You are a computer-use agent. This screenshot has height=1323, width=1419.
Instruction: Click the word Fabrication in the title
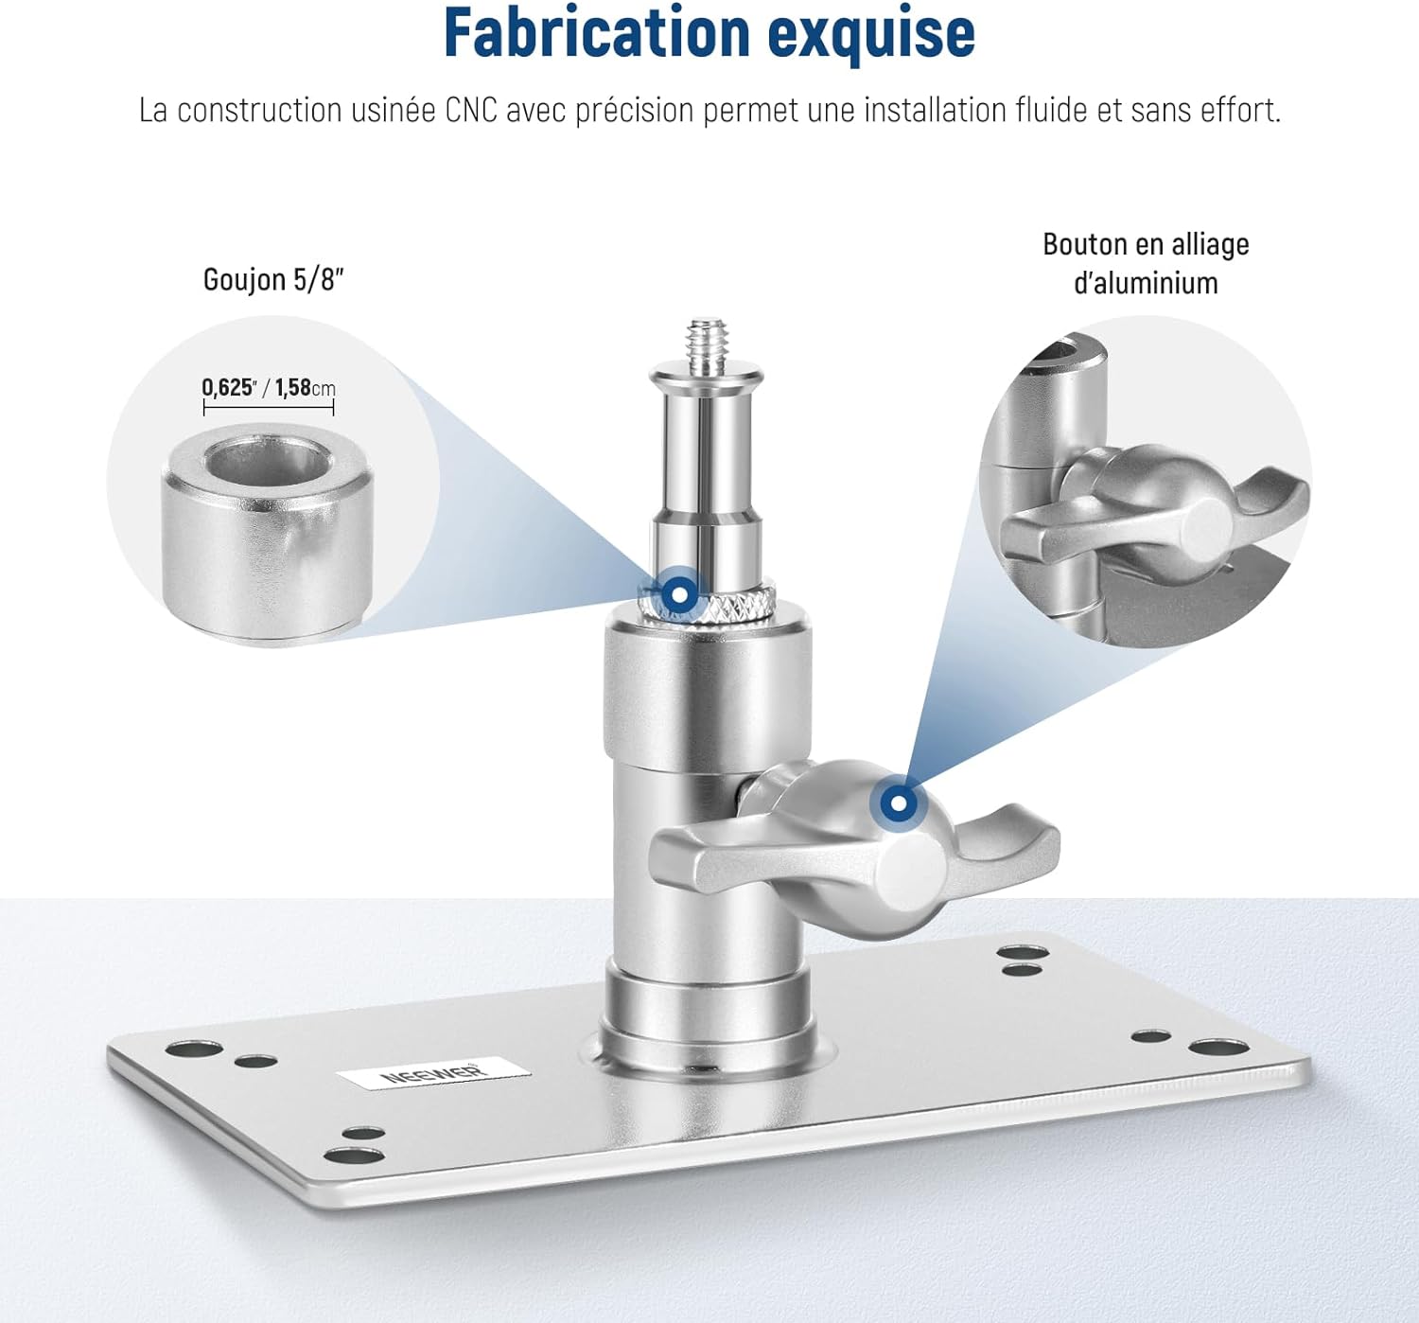coord(597,33)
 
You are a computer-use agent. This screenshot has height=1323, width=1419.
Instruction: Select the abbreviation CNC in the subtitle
coord(471,110)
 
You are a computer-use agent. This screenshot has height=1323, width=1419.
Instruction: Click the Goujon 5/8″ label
coord(273,279)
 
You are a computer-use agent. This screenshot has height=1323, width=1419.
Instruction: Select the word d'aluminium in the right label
coord(1146,283)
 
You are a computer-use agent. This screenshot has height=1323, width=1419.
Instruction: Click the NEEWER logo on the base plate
coord(433,1073)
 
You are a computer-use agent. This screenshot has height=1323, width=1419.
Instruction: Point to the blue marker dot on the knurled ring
coord(679,593)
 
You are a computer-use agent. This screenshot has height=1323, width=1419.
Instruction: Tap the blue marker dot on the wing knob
coord(899,803)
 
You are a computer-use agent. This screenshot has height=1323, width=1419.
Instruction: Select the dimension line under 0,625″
coord(269,408)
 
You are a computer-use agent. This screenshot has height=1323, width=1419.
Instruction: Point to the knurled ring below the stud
coord(707,605)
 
